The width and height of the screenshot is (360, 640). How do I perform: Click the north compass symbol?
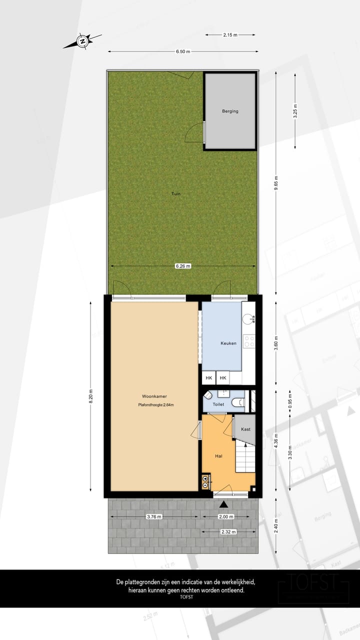click(x=82, y=40)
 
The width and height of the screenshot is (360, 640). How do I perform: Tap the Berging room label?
click(x=230, y=111)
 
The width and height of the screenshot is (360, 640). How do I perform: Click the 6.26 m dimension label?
click(x=183, y=266)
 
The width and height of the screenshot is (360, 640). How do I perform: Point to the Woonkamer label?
click(x=154, y=396)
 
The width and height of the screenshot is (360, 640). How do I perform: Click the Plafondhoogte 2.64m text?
click(x=156, y=405)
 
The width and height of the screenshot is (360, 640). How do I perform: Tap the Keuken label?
click(x=228, y=343)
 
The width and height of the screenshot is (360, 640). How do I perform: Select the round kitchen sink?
click(x=248, y=318)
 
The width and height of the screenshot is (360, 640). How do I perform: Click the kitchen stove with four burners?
click(x=248, y=341)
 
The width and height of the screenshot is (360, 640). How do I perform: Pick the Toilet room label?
click(x=218, y=403)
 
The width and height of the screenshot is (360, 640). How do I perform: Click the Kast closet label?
click(x=245, y=429)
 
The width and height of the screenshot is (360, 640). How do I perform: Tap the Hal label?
click(x=218, y=456)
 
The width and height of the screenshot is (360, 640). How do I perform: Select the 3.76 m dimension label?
click(x=154, y=517)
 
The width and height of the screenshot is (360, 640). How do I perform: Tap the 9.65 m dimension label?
click(x=276, y=183)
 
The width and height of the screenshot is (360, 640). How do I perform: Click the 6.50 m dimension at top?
click(x=183, y=51)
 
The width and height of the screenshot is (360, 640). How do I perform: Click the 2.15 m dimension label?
click(x=230, y=34)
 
